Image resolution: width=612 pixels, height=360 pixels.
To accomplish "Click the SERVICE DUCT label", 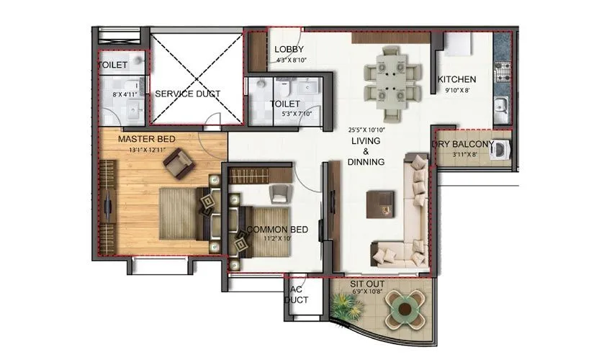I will point(187,94).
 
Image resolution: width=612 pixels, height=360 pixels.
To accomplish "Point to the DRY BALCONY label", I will point(462,144).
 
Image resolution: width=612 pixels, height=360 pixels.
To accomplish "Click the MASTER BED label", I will point(147,139).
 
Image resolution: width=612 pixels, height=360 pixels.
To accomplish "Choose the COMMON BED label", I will point(278,230).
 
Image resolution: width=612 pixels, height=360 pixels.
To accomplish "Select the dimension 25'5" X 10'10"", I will point(366,130).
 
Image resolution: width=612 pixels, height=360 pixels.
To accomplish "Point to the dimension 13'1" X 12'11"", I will point(148,150).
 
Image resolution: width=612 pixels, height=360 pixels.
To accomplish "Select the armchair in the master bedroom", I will point(179,165).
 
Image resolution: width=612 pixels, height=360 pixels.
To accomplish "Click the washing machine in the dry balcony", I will point(501,150).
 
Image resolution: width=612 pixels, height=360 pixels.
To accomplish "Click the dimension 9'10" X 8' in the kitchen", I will point(456,91).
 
